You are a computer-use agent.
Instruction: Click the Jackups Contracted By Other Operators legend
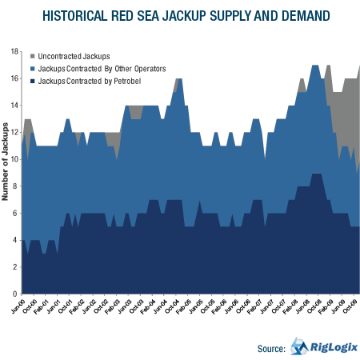[102, 69]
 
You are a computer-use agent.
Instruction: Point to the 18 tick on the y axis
[14, 51]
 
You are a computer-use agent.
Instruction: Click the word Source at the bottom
[271, 348]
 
